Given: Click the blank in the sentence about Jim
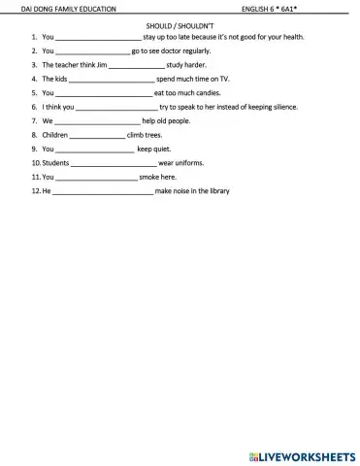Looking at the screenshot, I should coord(135,65).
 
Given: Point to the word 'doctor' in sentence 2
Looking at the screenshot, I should coord(167,50).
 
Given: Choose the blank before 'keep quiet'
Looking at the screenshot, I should coord(94,150).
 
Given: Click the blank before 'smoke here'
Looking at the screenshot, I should coord(97,179).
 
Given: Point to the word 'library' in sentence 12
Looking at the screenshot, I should coord(217,191).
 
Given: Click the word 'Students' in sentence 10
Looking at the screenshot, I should coord(55,163).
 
